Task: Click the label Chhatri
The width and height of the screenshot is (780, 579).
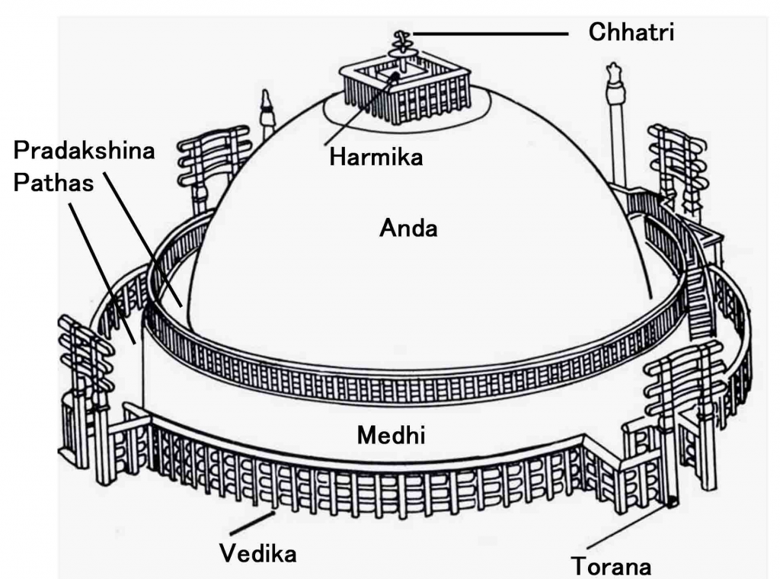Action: (x=631, y=33)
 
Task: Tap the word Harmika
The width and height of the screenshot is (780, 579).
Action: (x=376, y=158)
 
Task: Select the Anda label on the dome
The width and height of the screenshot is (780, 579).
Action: (x=408, y=227)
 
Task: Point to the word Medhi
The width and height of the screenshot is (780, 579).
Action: (x=391, y=436)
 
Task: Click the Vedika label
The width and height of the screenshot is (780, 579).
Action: (x=257, y=553)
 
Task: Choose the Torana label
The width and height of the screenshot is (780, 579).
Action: (x=612, y=566)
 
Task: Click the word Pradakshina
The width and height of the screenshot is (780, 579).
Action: (x=85, y=150)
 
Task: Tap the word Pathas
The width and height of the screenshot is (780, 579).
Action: (x=53, y=184)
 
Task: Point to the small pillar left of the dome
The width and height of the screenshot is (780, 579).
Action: (x=267, y=114)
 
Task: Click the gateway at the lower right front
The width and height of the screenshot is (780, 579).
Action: (x=680, y=411)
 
